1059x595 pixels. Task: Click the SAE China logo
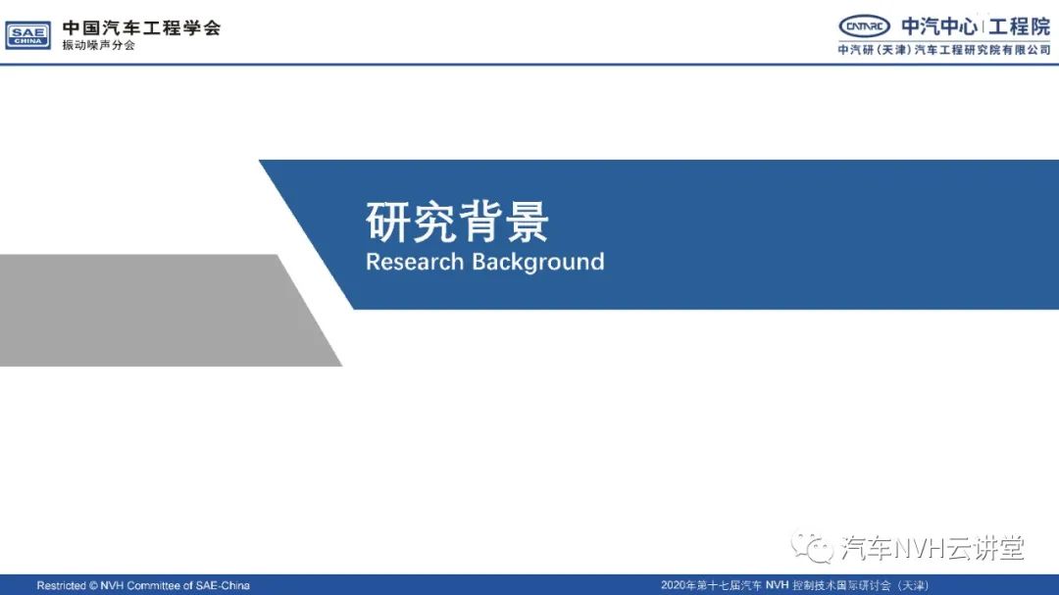point(27,35)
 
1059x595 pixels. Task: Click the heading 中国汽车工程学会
point(142,27)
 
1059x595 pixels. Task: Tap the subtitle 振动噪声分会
point(99,45)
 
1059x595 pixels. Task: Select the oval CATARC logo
point(864,26)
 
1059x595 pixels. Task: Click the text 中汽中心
point(939,26)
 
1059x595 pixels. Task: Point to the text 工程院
point(1020,26)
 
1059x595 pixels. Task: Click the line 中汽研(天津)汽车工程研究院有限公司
point(944,49)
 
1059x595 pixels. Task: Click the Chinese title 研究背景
point(457,222)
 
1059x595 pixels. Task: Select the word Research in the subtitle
point(415,262)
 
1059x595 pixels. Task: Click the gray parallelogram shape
point(162,311)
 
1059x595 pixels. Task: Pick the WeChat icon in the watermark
point(813,547)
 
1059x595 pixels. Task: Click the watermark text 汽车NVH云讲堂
point(933,548)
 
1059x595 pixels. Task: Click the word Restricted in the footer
point(62,585)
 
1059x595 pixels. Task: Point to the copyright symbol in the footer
point(93,585)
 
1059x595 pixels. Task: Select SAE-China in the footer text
point(223,585)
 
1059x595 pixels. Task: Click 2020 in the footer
point(673,585)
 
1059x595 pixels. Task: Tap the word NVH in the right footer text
point(777,585)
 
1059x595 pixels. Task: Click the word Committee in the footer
point(154,585)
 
